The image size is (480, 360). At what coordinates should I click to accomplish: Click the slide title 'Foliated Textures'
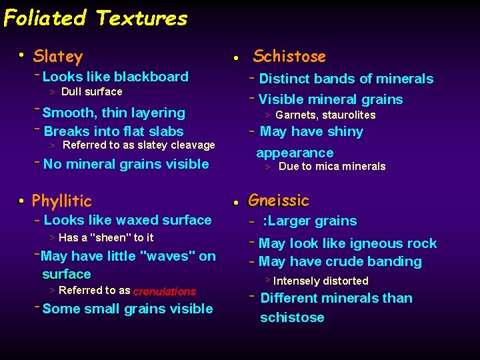coord(95,18)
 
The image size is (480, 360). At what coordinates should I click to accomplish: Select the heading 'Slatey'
coord(58,57)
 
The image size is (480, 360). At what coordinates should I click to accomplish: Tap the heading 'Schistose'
coord(289,57)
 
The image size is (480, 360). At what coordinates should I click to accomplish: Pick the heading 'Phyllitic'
coord(62,201)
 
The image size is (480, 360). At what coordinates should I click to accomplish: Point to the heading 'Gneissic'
coord(279,200)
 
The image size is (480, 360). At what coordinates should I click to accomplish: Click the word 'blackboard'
coord(155,77)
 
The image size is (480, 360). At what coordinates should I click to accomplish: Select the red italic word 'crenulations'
coord(164,291)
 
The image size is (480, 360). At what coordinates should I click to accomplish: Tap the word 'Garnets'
coord(295,115)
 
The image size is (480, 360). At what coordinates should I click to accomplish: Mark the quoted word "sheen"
coord(115,237)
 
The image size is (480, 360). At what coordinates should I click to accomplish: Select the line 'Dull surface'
coord(92,92)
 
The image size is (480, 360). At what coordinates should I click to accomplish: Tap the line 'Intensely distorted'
coord(321,281)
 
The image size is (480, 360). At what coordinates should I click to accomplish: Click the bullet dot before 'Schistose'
coord(236,59)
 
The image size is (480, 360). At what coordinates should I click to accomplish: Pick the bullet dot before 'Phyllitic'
coord(22,201)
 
